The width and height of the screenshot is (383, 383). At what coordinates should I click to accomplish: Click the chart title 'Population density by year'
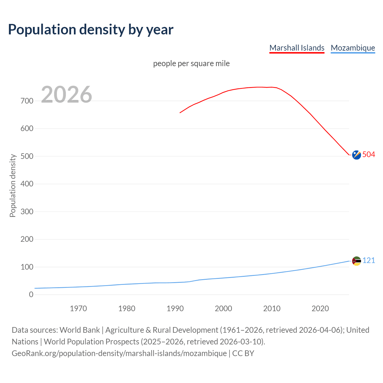pos(91,29)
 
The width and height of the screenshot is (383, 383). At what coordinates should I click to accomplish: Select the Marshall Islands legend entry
pos(297,48)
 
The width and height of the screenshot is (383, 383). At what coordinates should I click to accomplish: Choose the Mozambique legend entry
pos(353,48)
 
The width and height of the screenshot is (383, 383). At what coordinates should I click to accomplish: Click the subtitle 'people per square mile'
pos(191,63)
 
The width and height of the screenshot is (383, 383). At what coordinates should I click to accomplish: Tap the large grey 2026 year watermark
pos(66,95)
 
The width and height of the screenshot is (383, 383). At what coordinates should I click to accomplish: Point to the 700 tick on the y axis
pos(27,101)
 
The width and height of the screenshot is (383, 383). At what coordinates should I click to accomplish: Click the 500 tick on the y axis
pos(27,156)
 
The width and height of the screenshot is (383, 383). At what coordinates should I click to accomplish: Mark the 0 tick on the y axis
pos(31,294)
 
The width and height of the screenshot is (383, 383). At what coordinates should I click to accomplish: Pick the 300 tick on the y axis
pos(27,212)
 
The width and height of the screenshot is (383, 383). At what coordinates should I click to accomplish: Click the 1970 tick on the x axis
pos(78,308)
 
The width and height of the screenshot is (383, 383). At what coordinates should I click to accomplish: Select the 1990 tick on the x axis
pos(175,308)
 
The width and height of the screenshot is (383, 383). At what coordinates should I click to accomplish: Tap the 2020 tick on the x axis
pos(320,308)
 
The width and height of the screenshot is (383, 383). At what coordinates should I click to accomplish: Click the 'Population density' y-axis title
pos(13,186)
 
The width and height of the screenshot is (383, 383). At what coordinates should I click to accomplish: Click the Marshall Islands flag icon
pos(356,155)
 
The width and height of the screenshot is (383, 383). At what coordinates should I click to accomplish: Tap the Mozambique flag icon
pos(356,261)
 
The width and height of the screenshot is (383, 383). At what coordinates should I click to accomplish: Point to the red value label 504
pos(369,154)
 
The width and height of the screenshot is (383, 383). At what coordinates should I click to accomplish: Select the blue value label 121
pos(369,260)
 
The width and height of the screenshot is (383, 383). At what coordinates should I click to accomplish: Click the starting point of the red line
pos(180,113)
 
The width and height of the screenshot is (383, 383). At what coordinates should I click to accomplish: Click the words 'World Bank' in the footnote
pos(80,330)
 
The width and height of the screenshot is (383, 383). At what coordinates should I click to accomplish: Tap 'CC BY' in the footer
pos(243,353)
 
